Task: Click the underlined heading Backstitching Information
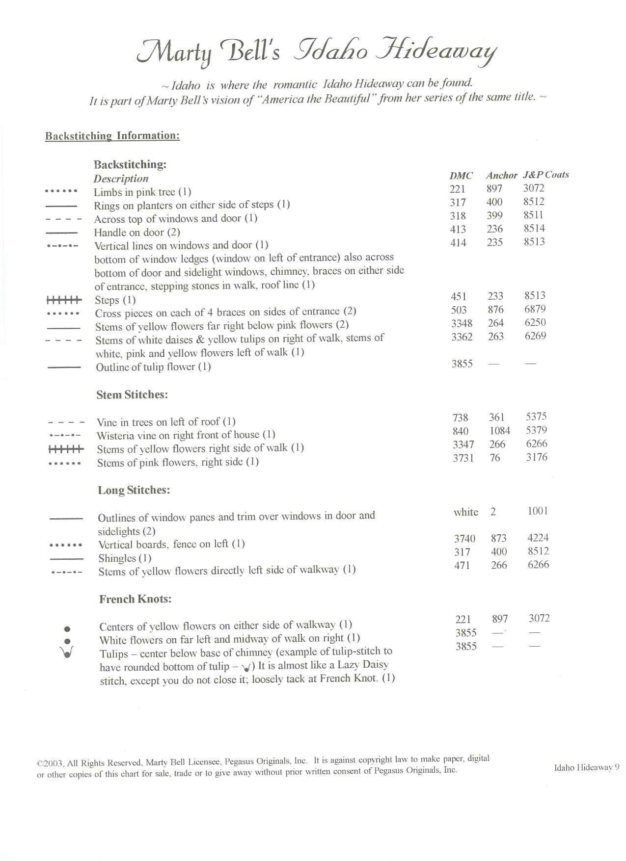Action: coord(112,136)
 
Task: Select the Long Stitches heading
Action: coord(134,490)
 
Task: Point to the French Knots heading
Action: coord(135,599)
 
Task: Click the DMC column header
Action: coord(461,176)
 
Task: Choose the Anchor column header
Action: coord(501,175)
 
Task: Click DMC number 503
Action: coord(459,310)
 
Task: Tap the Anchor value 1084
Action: coord(499,431)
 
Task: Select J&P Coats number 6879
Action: coord(535,309)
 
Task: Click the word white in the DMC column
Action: coord(465,512)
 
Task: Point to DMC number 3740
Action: coord(464,539)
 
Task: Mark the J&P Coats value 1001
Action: coord(538,511)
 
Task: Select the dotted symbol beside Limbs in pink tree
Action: coord(61,191)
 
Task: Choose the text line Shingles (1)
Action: coord(125,558)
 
